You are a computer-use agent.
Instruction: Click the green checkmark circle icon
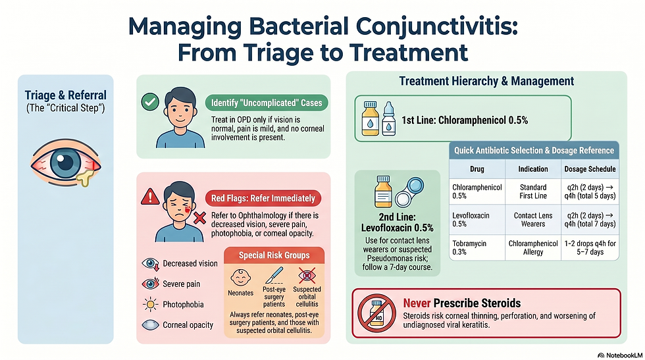point(151,102)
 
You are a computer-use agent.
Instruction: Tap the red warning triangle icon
point(151,195)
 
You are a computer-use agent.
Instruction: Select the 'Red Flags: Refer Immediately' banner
point(263,197)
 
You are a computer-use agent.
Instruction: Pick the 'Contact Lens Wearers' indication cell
point(533,219)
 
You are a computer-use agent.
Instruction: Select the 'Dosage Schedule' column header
point(590,168)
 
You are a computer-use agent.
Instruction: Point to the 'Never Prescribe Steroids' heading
point(461,303)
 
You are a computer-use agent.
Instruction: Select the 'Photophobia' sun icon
point(150,305)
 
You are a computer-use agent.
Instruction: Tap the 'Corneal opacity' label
point(188,325)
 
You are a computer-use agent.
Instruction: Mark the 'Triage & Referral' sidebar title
point(65,96)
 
